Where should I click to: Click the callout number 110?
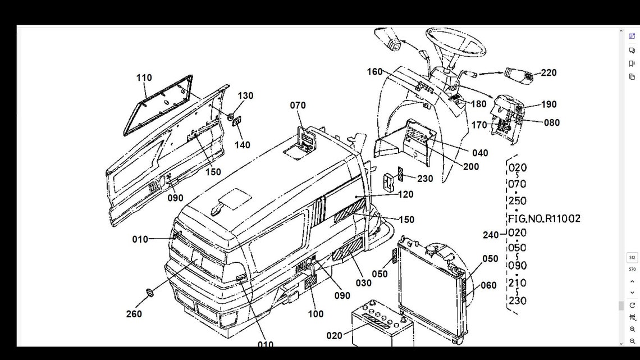(x=144, y=78)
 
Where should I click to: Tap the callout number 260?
(x=134, y=314)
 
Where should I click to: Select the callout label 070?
(x=298, y=105)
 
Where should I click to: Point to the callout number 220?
(x=548, y=72)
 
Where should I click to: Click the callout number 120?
(x=405, y=194)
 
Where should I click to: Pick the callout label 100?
(x=316, y=315)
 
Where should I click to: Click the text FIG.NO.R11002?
(x=544, y=218)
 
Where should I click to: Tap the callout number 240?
(x=491, y=235)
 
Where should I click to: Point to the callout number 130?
(x=245, y=95)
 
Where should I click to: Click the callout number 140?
(x=243, y=145)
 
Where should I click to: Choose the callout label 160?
(x=374, y=71)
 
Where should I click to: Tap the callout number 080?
(x=552, y=122)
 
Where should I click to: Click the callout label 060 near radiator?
(x=488, y=285)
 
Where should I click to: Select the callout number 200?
(x=471, y=167)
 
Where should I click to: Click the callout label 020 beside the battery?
(x=334, y=335)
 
